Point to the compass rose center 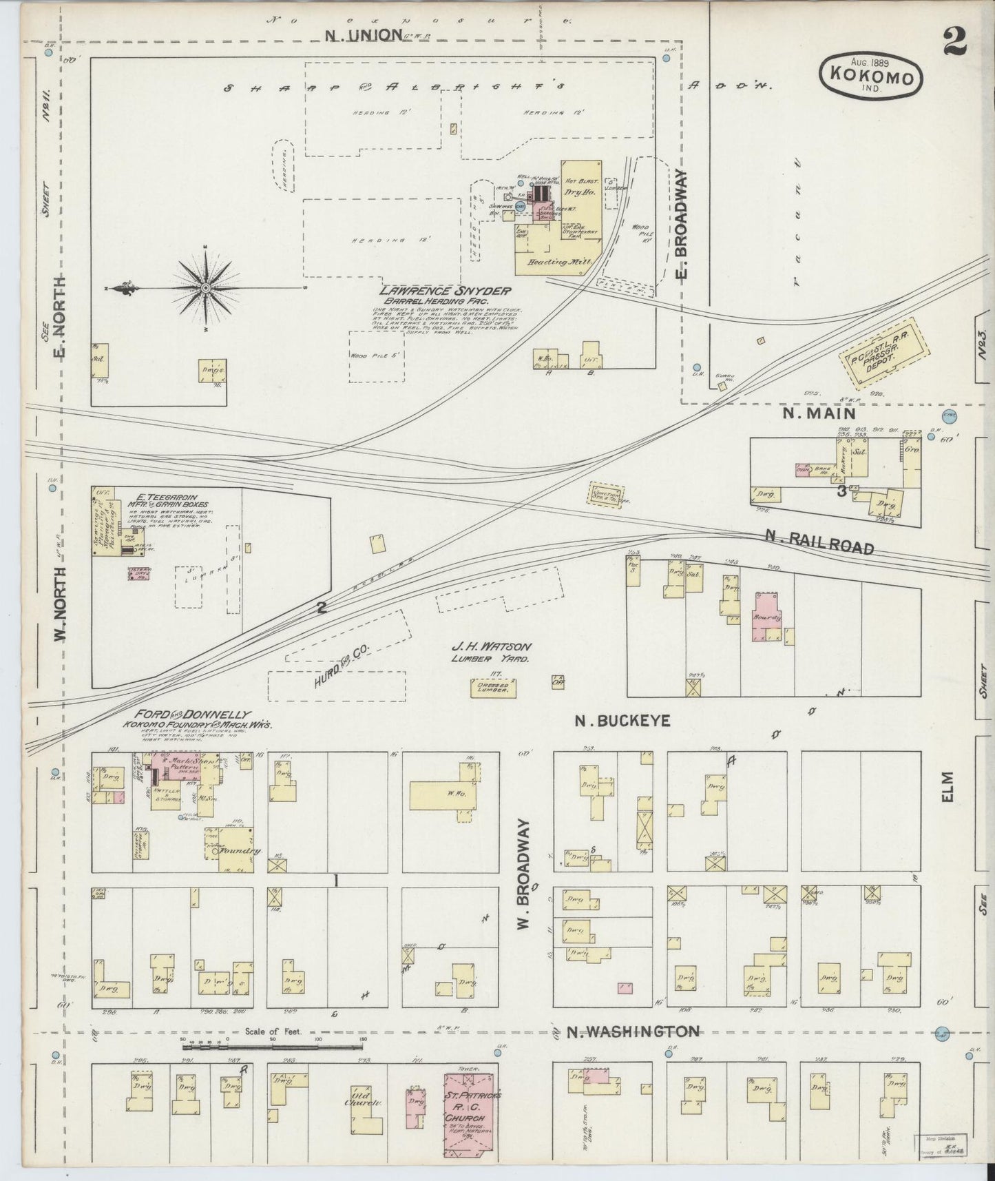(207, 287)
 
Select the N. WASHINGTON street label (633, 1031)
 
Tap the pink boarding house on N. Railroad (770, 615)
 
